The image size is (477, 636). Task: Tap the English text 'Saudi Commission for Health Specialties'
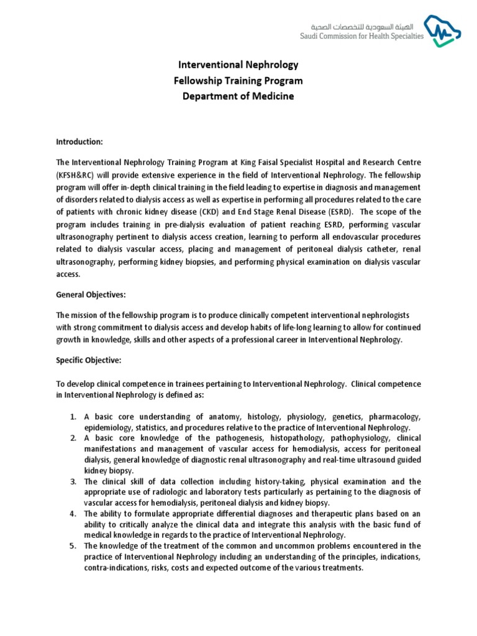point(362,36)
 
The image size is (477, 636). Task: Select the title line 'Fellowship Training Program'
point(238,80)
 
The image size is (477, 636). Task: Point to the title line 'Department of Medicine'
point(238,96)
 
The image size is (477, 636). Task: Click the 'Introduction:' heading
point(79,142)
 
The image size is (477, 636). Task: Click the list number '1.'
point(73,416)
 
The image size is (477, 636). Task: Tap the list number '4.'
point(73,514)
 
